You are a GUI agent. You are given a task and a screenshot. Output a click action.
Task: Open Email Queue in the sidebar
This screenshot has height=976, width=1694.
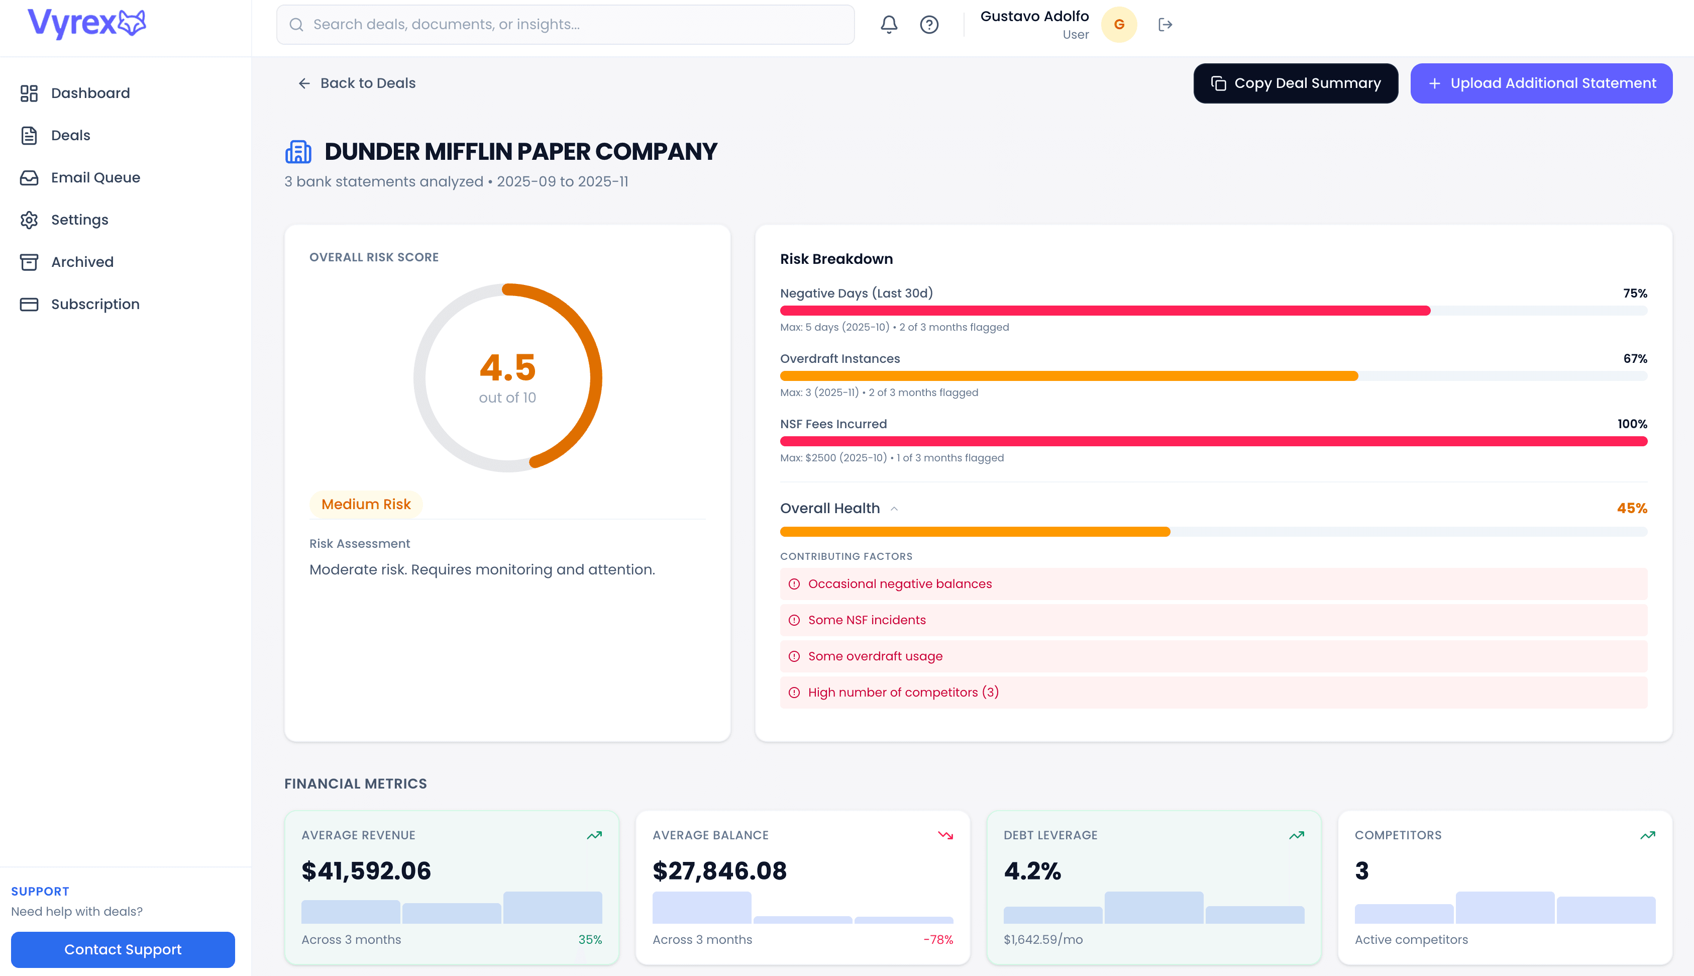pos(95,177)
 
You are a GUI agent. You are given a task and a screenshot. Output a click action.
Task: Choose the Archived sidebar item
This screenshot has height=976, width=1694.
pos(82,262)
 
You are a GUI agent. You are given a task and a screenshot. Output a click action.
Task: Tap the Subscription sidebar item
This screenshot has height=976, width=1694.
pos(95,305)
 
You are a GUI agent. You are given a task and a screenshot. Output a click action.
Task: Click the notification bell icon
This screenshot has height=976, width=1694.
pos(888,25)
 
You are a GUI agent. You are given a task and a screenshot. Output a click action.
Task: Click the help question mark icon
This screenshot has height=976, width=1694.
pos(928,25)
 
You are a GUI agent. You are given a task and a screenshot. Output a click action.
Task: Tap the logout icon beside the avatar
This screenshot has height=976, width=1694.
pos(1165,25)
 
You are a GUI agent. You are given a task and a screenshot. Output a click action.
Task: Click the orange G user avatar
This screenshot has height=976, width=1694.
pos(1119,25)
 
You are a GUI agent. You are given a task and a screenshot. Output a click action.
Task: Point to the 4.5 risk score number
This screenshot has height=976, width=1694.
pos(507,367)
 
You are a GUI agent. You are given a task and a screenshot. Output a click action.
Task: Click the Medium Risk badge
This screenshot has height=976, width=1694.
pos(366,504)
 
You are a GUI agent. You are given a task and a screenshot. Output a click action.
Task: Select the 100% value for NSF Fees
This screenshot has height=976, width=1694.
pos(1632,424)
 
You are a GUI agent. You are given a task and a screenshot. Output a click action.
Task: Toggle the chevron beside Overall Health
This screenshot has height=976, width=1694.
pos(894,509)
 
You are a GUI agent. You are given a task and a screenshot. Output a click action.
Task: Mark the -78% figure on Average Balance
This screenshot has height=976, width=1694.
pos(938,940)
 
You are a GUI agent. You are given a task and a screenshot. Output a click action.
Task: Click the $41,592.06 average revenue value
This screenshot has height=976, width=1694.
pos(366,871)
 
